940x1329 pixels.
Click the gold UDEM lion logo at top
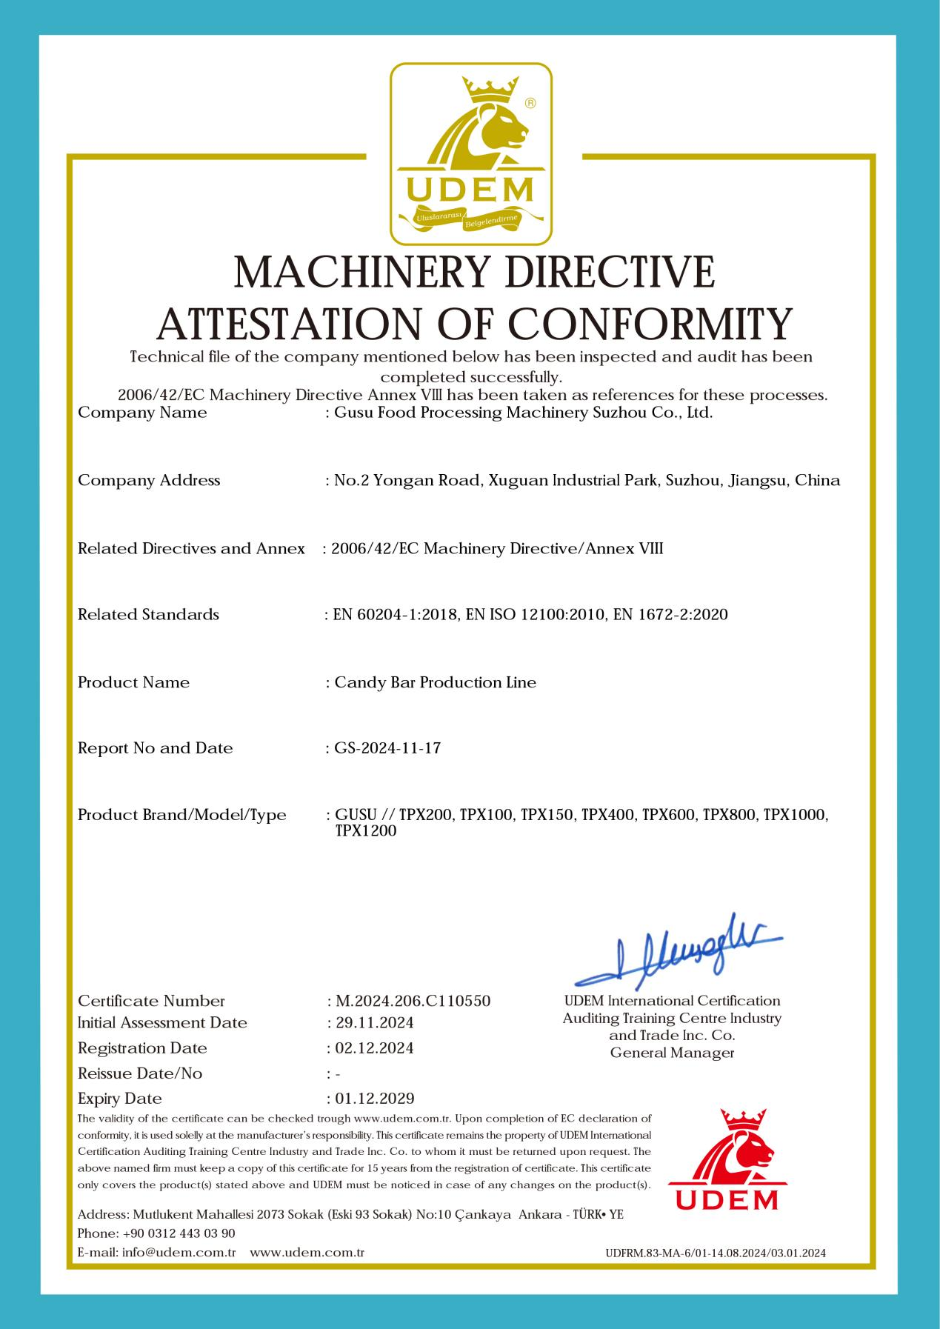471,154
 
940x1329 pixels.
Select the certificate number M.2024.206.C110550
413,1001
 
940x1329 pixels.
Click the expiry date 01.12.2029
374,1098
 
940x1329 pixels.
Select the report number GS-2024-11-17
387,748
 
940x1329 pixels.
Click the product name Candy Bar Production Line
435,682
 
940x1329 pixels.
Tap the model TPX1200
366,831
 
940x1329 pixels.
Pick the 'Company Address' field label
149,480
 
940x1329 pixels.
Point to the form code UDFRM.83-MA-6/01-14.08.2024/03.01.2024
715,1253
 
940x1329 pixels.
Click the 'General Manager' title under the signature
672,1053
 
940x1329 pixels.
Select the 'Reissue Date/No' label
140,1073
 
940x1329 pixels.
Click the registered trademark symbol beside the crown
530,103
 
